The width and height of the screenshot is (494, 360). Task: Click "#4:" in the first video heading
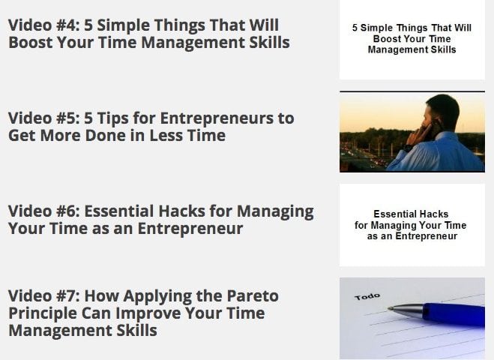pos(67,25)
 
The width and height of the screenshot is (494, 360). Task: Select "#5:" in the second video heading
pos(67,118)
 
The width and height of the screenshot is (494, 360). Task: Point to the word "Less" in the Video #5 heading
pos(166,136)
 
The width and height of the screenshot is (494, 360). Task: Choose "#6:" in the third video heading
pos(67,211)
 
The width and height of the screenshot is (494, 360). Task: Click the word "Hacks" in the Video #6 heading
pos(182,211)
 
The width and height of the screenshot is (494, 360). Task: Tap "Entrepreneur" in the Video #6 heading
pos(190,229)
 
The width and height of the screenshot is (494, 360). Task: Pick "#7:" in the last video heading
pos(67,296)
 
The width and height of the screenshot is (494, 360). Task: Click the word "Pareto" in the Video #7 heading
pos(253,296)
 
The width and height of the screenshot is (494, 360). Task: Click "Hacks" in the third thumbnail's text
pos(435,214)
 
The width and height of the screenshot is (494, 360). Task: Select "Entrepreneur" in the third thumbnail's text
pos(426,236)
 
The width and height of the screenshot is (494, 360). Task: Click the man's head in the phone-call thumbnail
pos(442,113)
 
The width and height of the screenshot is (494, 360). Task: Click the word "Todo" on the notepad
pos(367,297)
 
